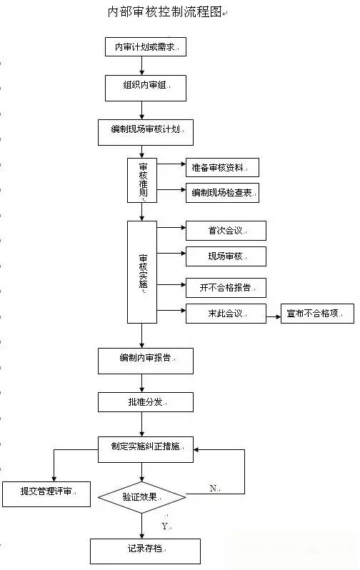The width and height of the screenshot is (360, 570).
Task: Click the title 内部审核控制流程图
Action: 165,12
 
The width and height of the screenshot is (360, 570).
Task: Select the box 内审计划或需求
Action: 146,47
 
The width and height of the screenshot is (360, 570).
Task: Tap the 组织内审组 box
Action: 146,88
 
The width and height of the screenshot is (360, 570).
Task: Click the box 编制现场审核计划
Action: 146,132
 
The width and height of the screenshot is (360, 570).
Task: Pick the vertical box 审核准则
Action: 142,180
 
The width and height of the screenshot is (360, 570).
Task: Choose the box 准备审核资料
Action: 223,168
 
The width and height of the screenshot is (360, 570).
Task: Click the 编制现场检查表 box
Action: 223,193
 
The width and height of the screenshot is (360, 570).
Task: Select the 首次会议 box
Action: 226,231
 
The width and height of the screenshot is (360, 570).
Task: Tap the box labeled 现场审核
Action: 226,256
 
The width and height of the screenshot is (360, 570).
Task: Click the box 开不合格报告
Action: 226,288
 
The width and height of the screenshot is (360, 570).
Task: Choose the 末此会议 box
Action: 226,314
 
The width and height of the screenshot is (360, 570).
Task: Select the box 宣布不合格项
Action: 317,314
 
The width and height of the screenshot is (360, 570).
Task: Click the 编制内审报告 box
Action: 146,361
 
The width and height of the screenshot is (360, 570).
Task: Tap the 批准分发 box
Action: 146,402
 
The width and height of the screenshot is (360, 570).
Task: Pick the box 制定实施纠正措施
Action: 146,450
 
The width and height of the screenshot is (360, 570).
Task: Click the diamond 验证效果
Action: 142,497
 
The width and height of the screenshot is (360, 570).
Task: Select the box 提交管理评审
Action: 46,494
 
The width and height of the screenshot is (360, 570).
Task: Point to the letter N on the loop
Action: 214,488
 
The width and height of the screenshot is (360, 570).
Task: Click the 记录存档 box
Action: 146,551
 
